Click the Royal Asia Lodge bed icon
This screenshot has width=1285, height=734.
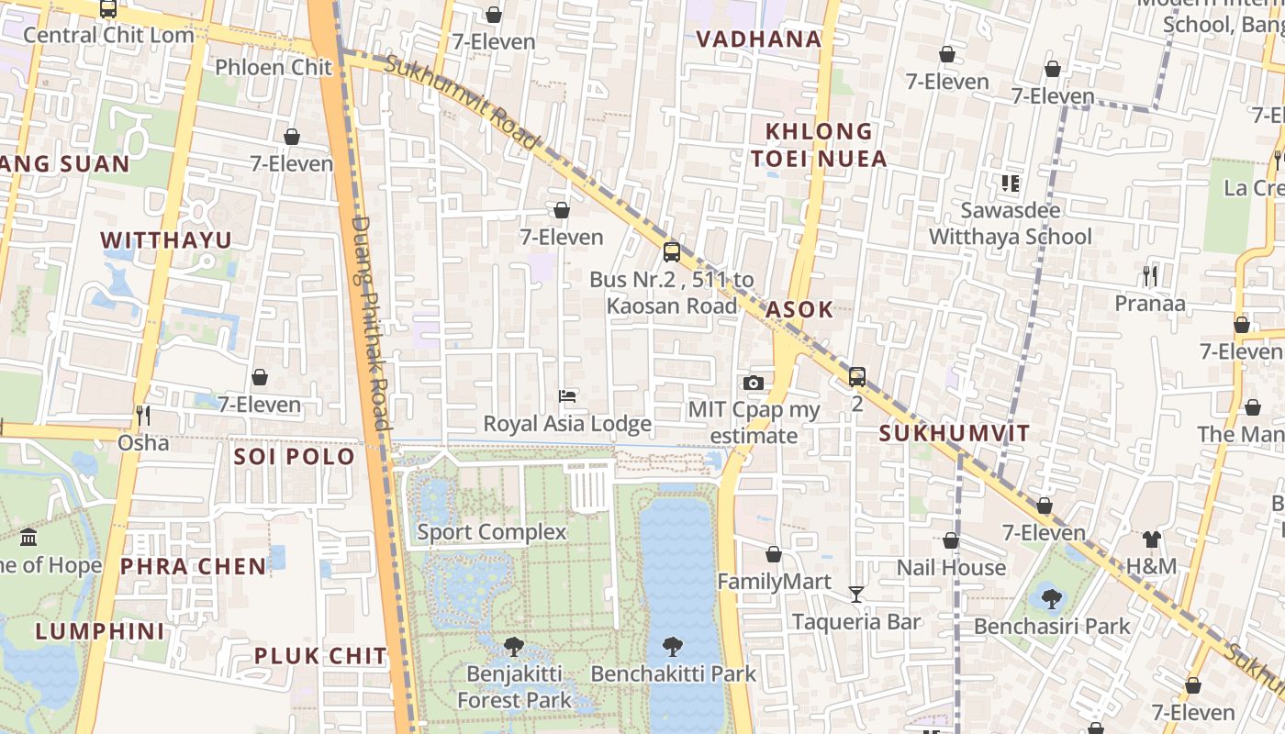click(x=567, y=396)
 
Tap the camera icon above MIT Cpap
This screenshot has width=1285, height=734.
click(x=753, y=383)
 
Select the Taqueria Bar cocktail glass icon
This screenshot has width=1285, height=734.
click(x=856, y=595)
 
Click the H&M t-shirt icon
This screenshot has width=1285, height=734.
click(x=1151, y=539)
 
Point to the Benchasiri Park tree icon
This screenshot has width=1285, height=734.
click(x=1052, y=599)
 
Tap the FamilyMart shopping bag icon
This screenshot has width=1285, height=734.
click(x=774, y=554)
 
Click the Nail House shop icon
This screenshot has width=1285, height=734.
click(x=951, y=540)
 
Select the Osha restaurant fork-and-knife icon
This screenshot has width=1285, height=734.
click(x=142, y=416)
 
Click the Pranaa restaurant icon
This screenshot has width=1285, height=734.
click(x=1149, y=275)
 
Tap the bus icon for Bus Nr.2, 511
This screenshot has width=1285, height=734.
click(x=672, y=251)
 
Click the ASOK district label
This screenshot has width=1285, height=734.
click(x=799, y=309)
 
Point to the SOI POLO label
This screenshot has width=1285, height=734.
click(x=294, y=456)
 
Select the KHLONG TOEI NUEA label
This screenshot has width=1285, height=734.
click(x=819, y=145)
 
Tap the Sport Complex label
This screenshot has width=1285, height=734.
click(x=492, y=532)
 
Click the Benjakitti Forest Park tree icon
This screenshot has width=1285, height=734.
click(x=514, y=647)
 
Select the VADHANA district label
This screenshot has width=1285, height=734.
click(x=758, y=39)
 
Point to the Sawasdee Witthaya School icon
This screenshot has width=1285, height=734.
click(x=1011, y=183)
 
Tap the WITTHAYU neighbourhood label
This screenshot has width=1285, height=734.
click(x=166, y=239)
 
